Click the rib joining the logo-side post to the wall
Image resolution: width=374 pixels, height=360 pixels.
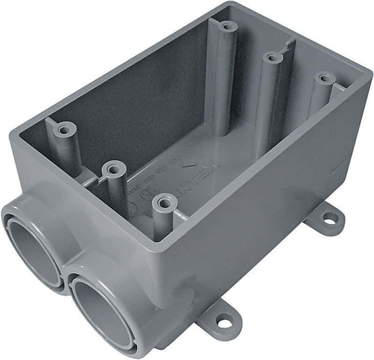[x=180, y=215]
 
